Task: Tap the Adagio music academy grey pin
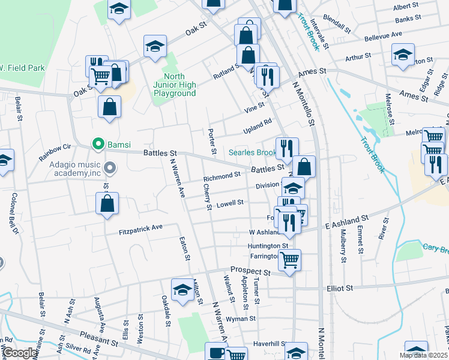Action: coord(109,167)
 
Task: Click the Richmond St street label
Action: coord(221,177)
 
